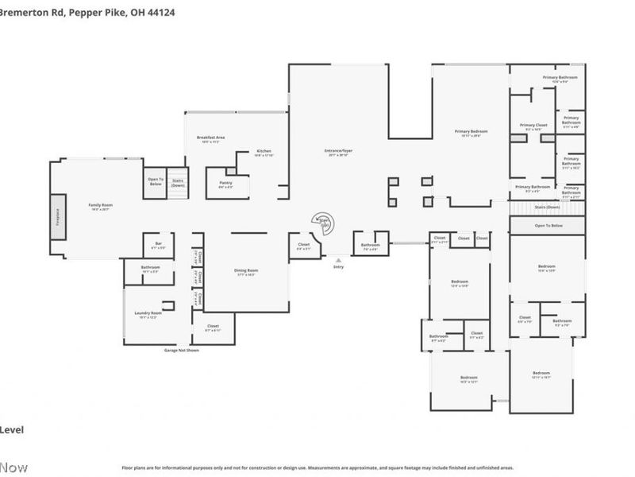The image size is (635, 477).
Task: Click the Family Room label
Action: pyautogui.click(x=100, y=206)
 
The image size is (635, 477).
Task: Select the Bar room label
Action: pyautogui.click(x=158, y=245)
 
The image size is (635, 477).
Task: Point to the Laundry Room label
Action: pyautogui.click(x=148, y=314)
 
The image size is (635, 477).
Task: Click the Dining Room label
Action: pyautogui.click(x=246, y=272)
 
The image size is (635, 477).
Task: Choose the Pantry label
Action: pyautogui.click(x=225, y=184)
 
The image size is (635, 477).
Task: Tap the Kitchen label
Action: pyautogui.click(x=264, y=152)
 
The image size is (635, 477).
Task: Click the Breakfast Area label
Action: pyautogui.click(x=211, y=138)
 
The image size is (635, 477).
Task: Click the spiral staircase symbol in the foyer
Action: pyautogui.click(x=323, y=221)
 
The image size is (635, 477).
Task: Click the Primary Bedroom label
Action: pyautogui.click(x=471, y=132)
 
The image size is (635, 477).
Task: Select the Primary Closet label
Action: pyautogui.click(x=533, y=126)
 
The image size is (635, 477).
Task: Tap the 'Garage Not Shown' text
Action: pyautogui.click(x=181, y=350)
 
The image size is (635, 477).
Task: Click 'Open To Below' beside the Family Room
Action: pyautogui.click(x=155, y=180)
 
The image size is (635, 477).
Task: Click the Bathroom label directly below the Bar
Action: pyautogui.click(x=151, y=269)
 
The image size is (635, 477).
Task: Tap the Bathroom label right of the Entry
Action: pyautogui.click(x=371, y=246)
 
